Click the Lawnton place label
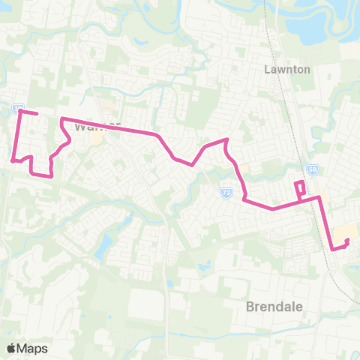(x=282, y=69)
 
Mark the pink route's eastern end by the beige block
(x=346, y=241)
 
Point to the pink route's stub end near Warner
(x=37, y=114)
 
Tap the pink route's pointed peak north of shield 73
(x=226, y=139)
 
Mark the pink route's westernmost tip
(x=13, y=159)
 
